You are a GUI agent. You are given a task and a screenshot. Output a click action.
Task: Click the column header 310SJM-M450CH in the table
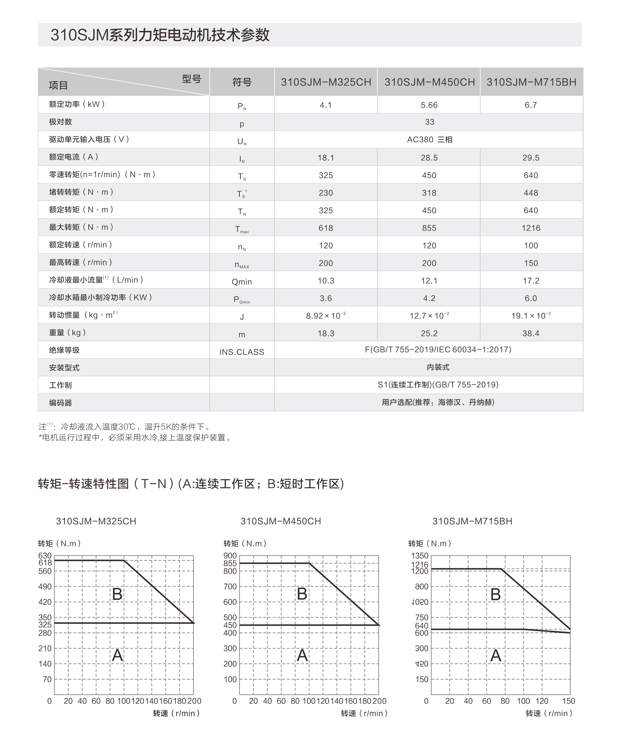point(429,82)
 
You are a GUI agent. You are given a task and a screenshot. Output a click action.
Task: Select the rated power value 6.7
point(531,105)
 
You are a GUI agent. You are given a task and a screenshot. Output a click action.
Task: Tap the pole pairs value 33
point(429,122)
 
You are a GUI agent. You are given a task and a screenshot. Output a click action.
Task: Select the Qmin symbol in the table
point(242,282)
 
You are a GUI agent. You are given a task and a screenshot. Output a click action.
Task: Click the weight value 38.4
point(531,333)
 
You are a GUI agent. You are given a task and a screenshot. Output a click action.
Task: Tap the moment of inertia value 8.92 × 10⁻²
point(326,315)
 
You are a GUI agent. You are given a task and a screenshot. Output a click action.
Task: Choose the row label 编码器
point(60,403)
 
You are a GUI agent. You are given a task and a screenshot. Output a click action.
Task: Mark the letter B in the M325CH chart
point(117,594)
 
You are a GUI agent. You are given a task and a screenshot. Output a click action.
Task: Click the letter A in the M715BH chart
point(496,656)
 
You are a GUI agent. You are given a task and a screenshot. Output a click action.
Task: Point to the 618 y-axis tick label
point(45,563)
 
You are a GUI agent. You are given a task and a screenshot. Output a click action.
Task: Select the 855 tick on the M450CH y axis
point(230,563)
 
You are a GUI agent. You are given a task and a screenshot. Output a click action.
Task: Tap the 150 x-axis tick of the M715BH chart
point(568,701)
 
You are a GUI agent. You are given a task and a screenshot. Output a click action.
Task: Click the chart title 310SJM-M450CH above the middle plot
point(281,521)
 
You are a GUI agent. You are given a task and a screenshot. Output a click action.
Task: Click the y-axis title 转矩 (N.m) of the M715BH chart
point(430,544)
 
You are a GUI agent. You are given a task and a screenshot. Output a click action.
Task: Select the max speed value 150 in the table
point(531,263)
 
